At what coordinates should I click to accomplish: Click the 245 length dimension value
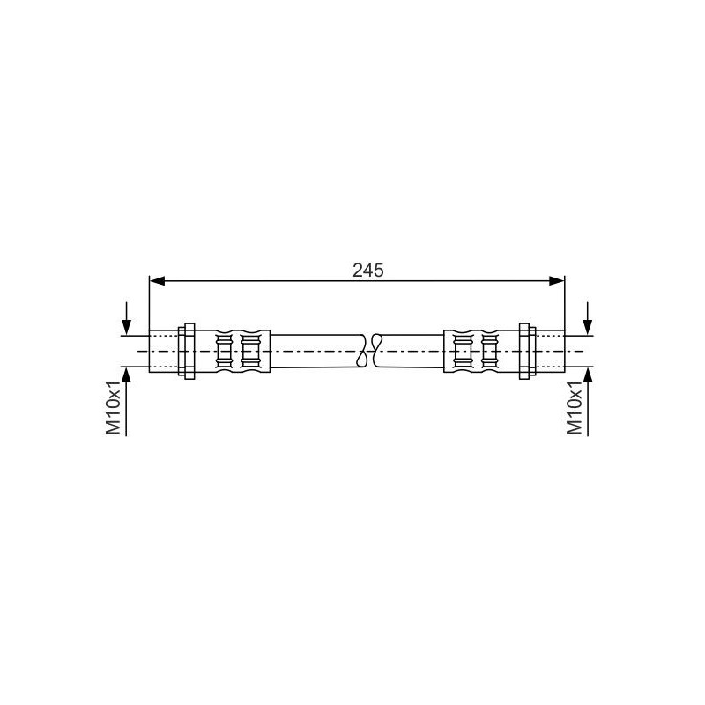click(368, 271)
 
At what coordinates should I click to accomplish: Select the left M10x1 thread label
click(114, 407)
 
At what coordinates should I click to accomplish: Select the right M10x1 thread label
click(575, 407)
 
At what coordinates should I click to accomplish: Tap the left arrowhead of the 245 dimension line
click(156, 281)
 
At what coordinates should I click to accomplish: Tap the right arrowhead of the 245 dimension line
click(558, 281)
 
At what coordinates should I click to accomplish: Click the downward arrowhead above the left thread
click(127, 327)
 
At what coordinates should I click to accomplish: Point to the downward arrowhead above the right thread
click(588, 327)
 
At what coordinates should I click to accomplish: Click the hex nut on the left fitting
click(187, 351)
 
